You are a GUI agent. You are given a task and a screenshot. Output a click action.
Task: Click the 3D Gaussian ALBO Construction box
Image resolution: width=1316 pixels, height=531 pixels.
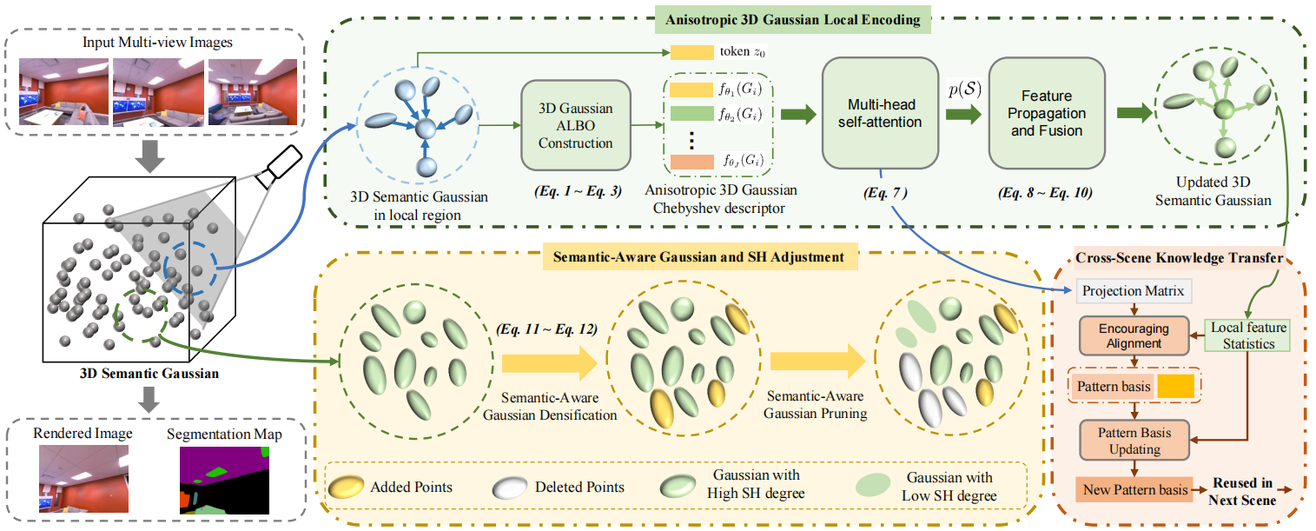pyautogui.click(x=575, y=126)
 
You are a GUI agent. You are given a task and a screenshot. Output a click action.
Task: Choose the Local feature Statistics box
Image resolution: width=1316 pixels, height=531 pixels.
pyautogui.click(x=1247, y=336)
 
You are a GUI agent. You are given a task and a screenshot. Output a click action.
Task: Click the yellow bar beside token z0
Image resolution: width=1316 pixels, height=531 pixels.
pyautogui.click(x=690, y=52)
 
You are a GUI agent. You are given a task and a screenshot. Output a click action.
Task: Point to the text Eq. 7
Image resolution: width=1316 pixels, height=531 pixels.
pyautogui.click(x=883, y=191)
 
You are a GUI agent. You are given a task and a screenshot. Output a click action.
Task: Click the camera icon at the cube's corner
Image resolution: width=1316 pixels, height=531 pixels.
pyautogui.click(x=283, y=163)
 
